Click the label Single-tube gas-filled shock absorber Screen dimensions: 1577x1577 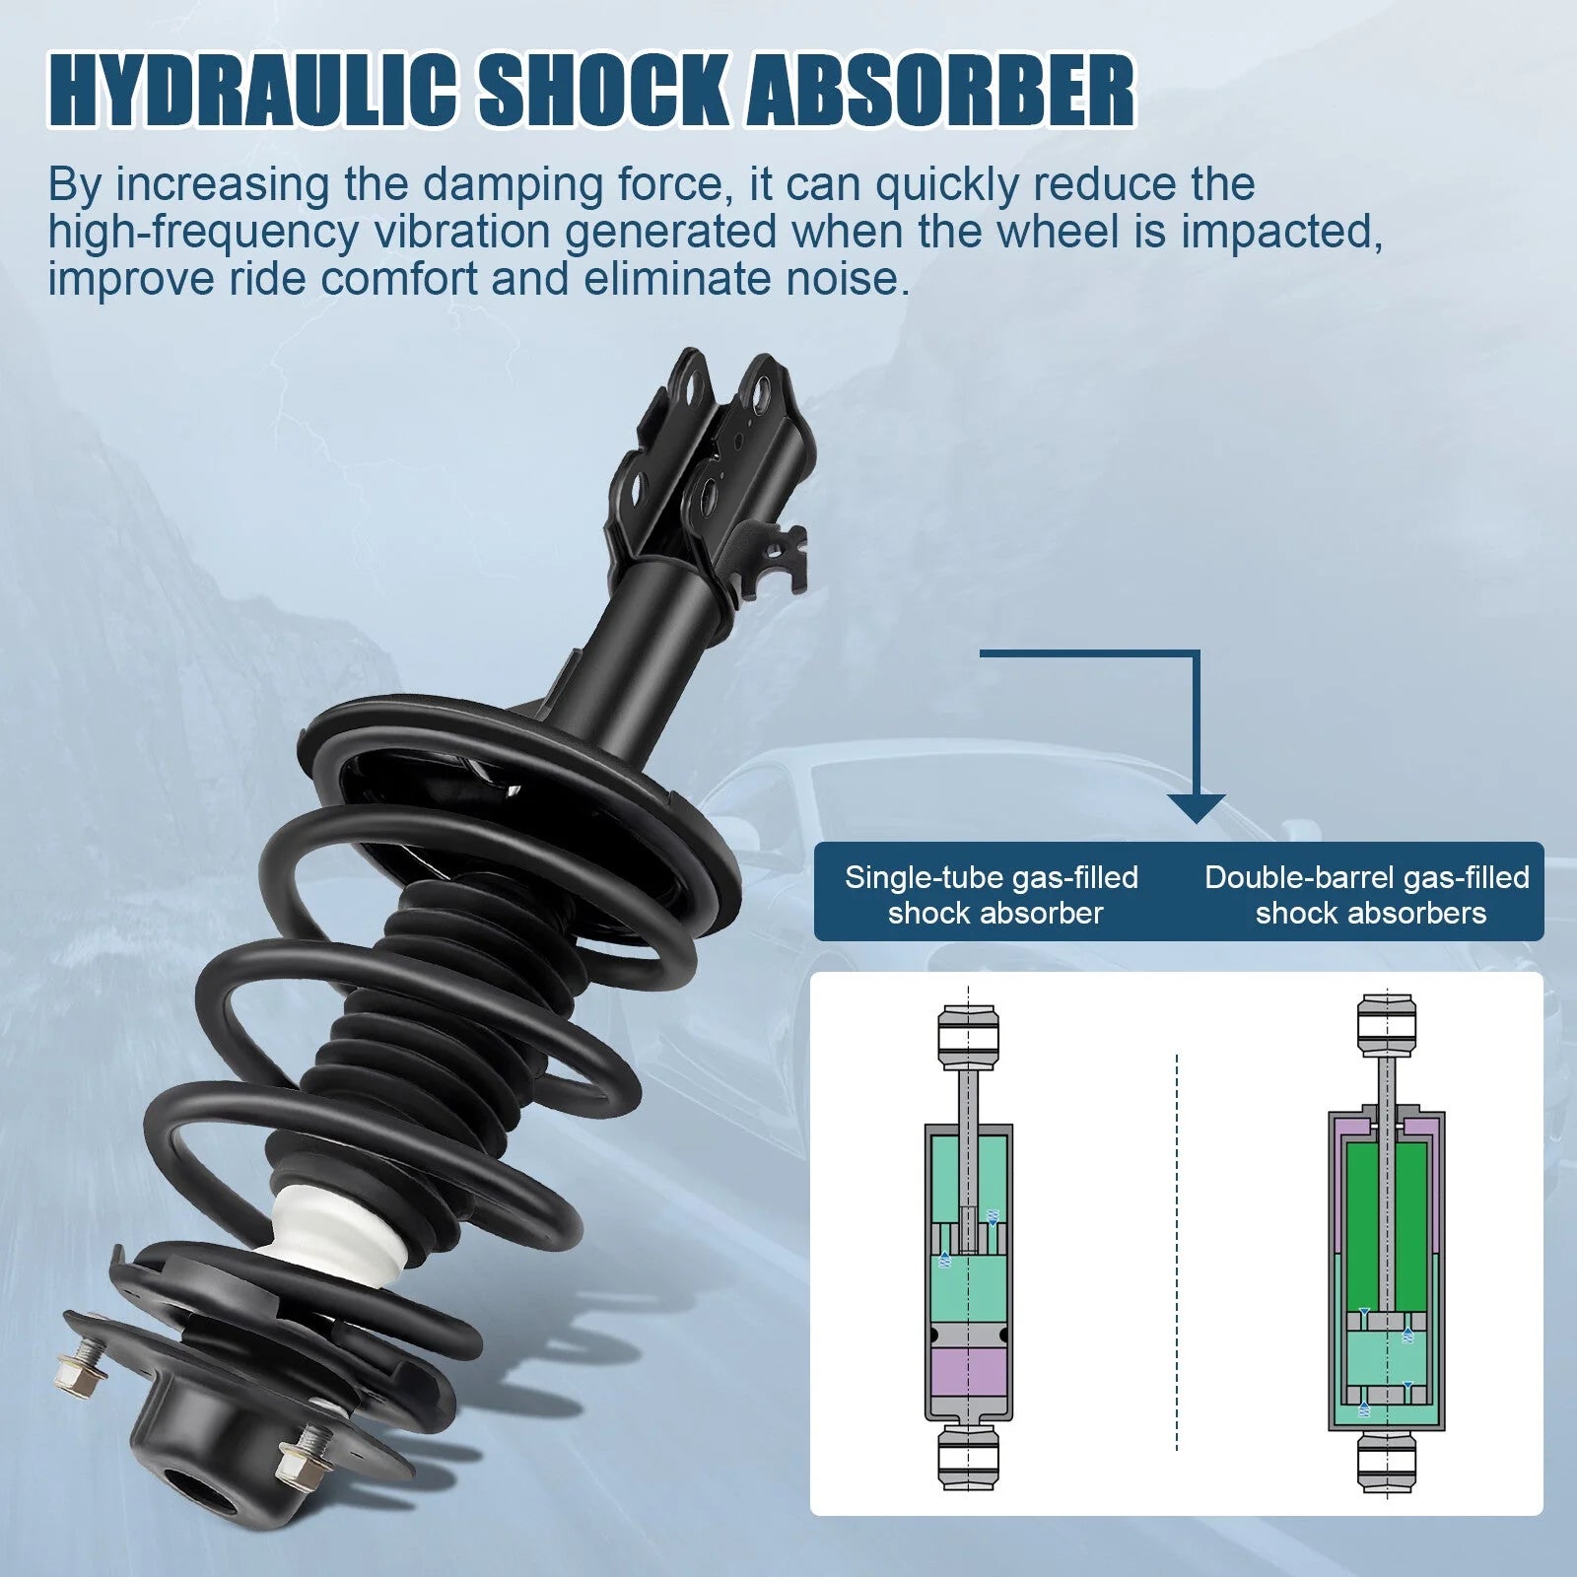tap(992, 895)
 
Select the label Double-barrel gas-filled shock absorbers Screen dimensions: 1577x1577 tap(1367, 895)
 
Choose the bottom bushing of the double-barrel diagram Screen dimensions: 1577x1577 tap(1387, 1462)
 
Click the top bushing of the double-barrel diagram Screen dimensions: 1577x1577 tap(1387, 1025)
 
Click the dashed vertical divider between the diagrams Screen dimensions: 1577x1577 tap(1177, 1252)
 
